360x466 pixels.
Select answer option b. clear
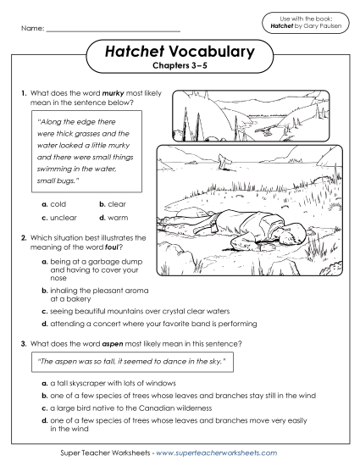tap(113, 204)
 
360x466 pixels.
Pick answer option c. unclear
tap(60, 218)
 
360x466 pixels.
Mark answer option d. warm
tap(114, 218)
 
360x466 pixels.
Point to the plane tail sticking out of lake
tap(222, 158)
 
